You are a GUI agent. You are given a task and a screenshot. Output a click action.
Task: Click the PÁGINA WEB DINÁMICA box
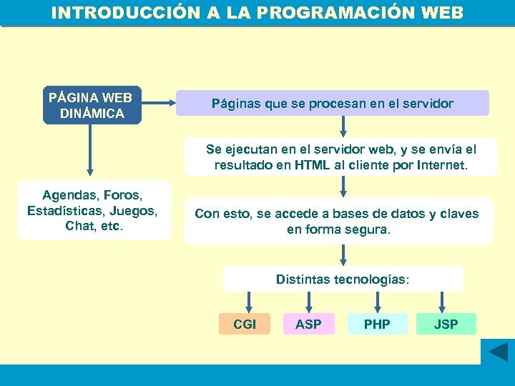[92, 105]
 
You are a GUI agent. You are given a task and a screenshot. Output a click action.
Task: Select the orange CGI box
[245, 325]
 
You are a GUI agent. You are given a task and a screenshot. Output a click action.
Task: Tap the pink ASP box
[308, 325]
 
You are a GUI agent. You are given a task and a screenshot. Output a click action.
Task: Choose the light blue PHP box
[377, 325]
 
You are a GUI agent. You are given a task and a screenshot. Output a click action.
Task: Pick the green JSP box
[446, 325]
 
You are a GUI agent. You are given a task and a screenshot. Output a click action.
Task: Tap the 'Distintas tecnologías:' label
[343, 279]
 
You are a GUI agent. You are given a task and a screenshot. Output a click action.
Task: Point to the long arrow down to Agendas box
[90, 150]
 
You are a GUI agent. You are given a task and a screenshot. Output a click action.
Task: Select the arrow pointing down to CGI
[248, 301]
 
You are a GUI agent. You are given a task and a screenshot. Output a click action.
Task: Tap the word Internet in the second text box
[438, 165]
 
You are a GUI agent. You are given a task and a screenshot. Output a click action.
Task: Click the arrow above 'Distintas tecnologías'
[344, 254]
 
